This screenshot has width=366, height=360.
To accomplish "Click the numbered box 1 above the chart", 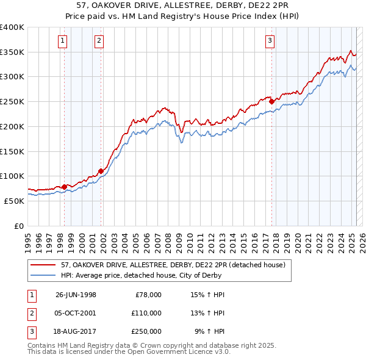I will pyautogui.click(x=63, y=41).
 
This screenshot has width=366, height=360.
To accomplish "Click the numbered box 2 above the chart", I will pyautogui.click(x=99, y=41).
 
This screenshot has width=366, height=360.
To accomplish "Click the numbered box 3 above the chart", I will pyautogui.click(x=270, y=41).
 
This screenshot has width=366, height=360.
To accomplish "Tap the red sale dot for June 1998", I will pyautogui.click(x=64, y=186).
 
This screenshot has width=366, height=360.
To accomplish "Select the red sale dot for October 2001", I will pyautogui.click(x=101, y=171).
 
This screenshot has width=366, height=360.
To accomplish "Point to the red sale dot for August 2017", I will pyautogui.click(x=272, y=102).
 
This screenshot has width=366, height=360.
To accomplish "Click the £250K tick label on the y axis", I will pyautogui.click(x=12, y=101).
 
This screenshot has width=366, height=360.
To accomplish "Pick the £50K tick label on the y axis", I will pyautogui.click(x=13, y=201).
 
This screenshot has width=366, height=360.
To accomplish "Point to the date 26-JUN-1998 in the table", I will pyautogui.click(x=76, y=295).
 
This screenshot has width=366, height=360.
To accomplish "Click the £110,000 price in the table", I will pyautogui.click(x=146, y=313).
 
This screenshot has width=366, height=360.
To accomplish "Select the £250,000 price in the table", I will pyautogui.click(x=146, y=331).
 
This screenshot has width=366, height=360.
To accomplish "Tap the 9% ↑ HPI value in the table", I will pyautogui.click(x=210, y=331).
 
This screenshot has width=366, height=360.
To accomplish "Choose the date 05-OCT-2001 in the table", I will pyautogui.click(x=76, y=313).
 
